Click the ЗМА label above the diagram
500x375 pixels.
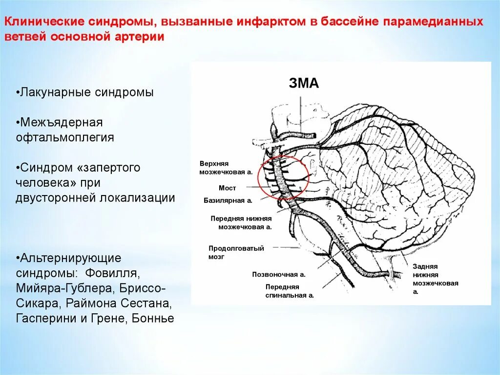(304, 84)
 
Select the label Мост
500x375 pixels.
(227, 188)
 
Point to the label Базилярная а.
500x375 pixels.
(228, 200)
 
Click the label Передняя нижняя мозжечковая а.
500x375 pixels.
(241, 222)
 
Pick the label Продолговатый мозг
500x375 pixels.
(236, 252)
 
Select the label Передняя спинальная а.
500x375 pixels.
(289, 291)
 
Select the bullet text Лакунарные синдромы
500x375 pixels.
(85, 93)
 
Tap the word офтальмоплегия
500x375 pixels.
(65, 138)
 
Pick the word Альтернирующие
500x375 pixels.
(68, 258)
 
